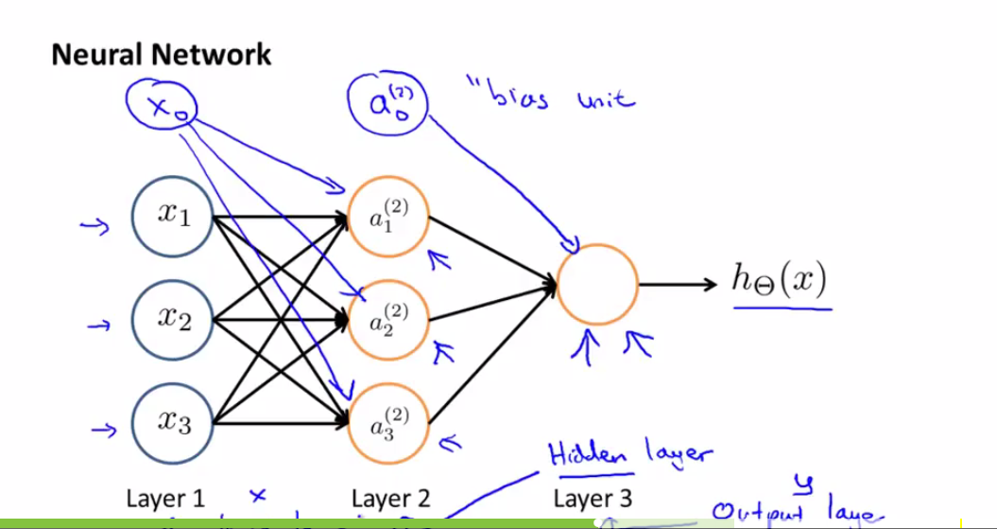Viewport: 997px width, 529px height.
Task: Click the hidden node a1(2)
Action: [x=389, y=218]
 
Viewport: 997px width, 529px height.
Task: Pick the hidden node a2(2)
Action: [x=389, y=320]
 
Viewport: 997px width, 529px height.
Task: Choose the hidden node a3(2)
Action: [x=389, y=423]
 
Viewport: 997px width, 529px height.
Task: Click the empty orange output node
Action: [x=597, y=284]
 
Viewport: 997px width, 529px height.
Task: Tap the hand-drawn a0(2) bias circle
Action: [x=387, y=98]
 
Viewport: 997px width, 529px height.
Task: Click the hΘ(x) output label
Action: [x=780, y=280]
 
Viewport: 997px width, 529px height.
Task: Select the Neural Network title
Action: [x=161, y=54]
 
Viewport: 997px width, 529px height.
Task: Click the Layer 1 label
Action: [x=164, y=499]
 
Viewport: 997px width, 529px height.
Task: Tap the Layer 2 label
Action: [x=390, y=499]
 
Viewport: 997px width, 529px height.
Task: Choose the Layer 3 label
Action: [x=593, y=499]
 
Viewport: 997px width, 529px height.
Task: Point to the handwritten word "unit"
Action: [x=605, y=97]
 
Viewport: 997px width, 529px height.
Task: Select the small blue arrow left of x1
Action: [x=95, y=225]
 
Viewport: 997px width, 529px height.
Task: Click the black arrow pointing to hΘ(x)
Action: [x=679, y=284]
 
